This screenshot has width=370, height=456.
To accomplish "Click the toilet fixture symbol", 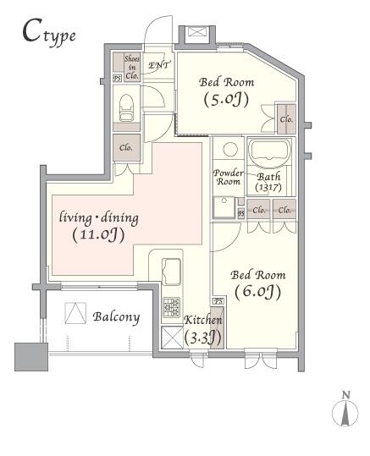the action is coord(127,107).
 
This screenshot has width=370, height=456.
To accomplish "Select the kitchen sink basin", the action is coord(172,272).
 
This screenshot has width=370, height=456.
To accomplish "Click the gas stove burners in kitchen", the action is coord(171,307).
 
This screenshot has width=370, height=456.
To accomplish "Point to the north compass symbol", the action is coord(345,409).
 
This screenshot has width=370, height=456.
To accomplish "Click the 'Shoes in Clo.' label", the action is coord(132,67).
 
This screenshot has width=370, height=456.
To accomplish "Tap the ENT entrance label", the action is coord(158,65).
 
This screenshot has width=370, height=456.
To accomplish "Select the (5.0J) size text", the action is coord(226,100).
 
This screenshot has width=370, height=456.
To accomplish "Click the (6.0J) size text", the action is coord(257,292).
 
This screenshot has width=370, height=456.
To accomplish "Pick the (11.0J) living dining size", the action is coord(98,235).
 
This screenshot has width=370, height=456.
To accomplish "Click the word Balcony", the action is coord(117,317).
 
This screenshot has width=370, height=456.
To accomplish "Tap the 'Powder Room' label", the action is coord(229,177).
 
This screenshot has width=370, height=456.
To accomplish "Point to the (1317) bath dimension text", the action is coord(268,188).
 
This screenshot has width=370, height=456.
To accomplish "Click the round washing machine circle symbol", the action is coord(230,150).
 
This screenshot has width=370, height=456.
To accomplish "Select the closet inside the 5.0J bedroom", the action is coord(286,119).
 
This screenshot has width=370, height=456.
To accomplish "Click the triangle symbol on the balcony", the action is coord(75,313).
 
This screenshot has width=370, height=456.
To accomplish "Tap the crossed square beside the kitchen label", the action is coord(173,337).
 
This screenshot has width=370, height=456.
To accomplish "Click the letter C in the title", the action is coord(30,30).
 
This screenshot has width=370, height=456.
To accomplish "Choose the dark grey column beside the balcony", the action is coord(31,357).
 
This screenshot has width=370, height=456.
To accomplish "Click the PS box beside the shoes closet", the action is coord(117,79).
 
